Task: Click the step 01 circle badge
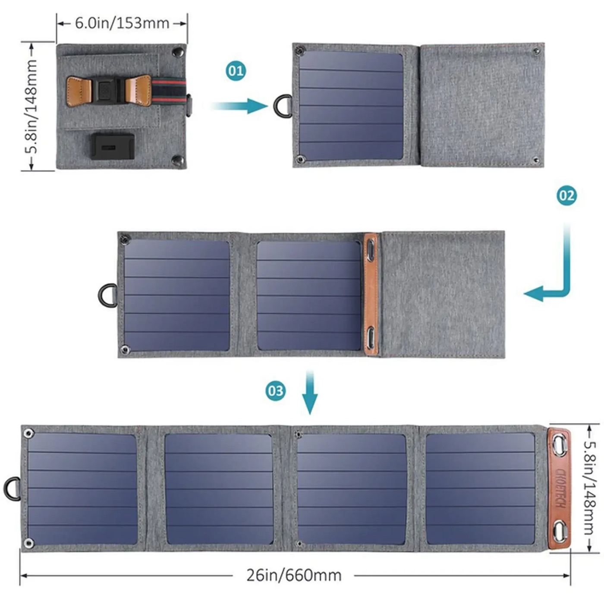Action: [x=236, y=71]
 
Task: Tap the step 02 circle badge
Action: [x=566, y=195]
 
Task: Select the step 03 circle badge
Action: [x=276, y=391]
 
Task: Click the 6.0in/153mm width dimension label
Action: [x=122, y=23]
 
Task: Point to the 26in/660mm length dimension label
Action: [x=294, y=575]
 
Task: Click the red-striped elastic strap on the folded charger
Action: [x=169, y=91]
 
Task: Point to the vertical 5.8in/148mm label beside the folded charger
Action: [x=31, y=107]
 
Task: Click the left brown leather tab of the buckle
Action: [x=79, y=91]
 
